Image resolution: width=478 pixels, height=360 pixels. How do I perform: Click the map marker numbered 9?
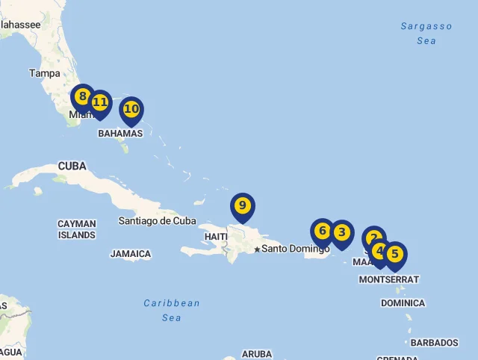click(242, 205)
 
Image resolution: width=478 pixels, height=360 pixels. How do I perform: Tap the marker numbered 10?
click(131, 109)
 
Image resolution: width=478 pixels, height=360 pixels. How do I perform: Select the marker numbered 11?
click(100, 102)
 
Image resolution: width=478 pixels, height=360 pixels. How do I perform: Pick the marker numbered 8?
click(82, 96)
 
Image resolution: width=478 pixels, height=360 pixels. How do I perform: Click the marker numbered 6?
click(322, 231)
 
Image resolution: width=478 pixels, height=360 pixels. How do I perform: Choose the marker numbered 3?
click(342, 232)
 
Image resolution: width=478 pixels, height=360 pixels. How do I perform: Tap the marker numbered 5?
click(395, 254)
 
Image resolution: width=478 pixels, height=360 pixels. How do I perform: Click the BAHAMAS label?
click(120, 133)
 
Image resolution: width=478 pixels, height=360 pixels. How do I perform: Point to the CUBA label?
click(72, 166)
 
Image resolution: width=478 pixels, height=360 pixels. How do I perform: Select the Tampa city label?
click(45, 73)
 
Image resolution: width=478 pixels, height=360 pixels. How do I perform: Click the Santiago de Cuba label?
click(157, 220)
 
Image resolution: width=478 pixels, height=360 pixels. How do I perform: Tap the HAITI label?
click(216, 237)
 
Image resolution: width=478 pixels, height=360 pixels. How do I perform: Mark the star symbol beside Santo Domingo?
click(257, 249)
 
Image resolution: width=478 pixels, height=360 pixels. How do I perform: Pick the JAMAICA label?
click(131, 254)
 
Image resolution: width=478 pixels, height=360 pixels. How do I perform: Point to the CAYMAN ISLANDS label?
click(77, 229)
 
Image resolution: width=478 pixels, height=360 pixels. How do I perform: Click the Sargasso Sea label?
click(426, 34)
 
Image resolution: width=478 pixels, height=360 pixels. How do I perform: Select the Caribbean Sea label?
click(172, 310)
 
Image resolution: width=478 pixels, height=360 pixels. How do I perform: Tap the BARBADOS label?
click(434, 343)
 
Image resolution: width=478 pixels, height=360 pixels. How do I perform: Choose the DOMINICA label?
click(403, 303)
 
